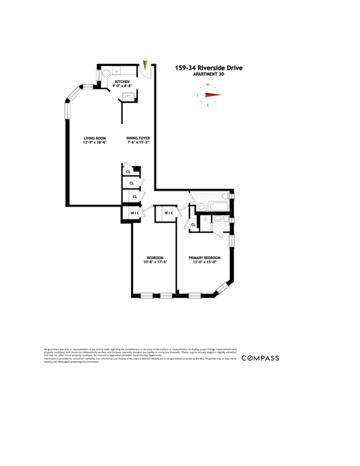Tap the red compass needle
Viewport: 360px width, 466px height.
point(213,95)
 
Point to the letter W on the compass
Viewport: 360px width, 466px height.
point(208,84)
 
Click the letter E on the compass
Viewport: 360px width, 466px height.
point(208,105)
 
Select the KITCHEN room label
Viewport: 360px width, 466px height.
point(122,81)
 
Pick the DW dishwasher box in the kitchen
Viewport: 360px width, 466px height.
point(117,72)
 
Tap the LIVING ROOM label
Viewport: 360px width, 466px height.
point(94,138)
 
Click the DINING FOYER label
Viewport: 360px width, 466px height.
point(138,138)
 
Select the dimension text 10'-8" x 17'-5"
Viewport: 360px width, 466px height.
point(155,262)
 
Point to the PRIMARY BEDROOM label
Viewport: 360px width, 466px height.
point(205,258)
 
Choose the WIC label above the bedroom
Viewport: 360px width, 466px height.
point(168,213)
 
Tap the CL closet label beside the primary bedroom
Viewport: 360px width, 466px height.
point(193,225)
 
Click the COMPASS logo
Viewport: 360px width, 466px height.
point(260,358)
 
